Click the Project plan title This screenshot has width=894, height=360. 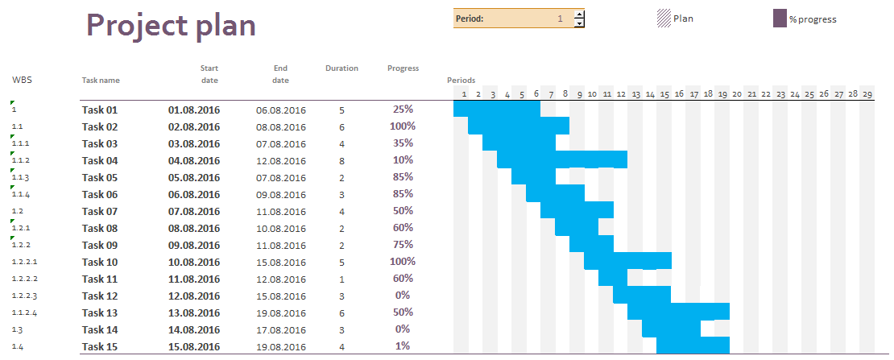click(x=171, y=26)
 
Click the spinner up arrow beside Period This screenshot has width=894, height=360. click(x=579, y=14)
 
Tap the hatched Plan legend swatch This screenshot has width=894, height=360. click(x=664, y=19)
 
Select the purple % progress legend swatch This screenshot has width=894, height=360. click(x=780, y=19)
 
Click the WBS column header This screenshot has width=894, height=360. click(x=22, y=80)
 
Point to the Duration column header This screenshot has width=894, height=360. click(x=341, y=68)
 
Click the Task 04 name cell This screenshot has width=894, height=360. click(x=100, y=160)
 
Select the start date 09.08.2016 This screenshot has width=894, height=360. click(x=193, y=245)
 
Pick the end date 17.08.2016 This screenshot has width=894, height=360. click(x=281, y=329)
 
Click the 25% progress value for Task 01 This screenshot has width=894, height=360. click(x=403, y=110)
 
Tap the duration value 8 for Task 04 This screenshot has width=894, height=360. click(x=341, y=160)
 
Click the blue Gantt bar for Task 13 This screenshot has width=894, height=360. click(x=678, y=312)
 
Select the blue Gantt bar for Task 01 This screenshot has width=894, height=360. click(x=496, y=109)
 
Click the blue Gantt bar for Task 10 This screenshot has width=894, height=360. click(x=627, y=261)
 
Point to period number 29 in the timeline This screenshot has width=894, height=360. click(x=867, y=94)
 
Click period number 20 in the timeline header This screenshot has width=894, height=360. click(x=736, y=94)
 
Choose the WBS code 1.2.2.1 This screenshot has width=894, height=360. click(x=24, y=262)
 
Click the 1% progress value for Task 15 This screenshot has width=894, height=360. click(x=403, y=346)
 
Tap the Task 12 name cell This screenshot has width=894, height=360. click(x=100, y=296)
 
